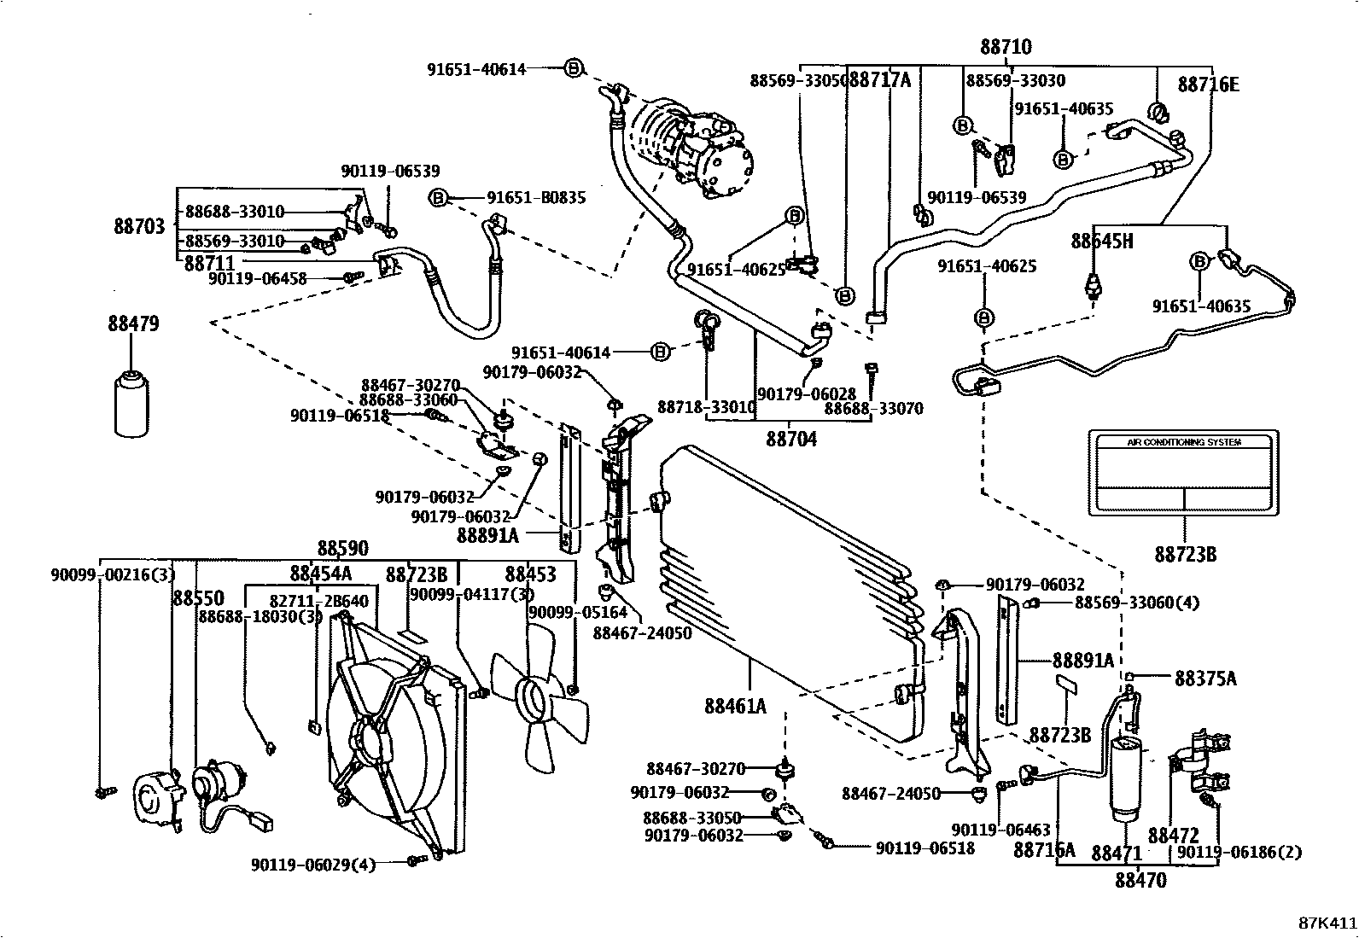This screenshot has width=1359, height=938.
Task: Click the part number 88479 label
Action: pos(133,324)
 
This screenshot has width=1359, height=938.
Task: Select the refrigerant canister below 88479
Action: pos(131,403)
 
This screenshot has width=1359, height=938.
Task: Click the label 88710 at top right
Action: pos(1006,47)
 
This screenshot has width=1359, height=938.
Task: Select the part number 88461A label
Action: pos(735,706)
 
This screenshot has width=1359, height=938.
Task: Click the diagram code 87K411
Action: pos(1327,923)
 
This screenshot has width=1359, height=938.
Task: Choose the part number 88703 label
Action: pos(139,226)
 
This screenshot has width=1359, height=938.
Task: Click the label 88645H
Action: pos(1102,242)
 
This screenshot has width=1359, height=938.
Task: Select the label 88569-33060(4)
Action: pos(1136,603)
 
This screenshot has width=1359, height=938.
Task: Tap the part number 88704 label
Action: pos(790,439)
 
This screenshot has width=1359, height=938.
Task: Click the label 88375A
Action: pos(1205,679)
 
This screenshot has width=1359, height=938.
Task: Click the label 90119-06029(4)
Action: pos(313,865)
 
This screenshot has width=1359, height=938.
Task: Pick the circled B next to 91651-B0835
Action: pos(438,198)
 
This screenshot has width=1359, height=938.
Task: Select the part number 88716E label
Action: pos(1208,84)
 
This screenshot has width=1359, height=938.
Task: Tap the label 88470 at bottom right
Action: pos(1140,880)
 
